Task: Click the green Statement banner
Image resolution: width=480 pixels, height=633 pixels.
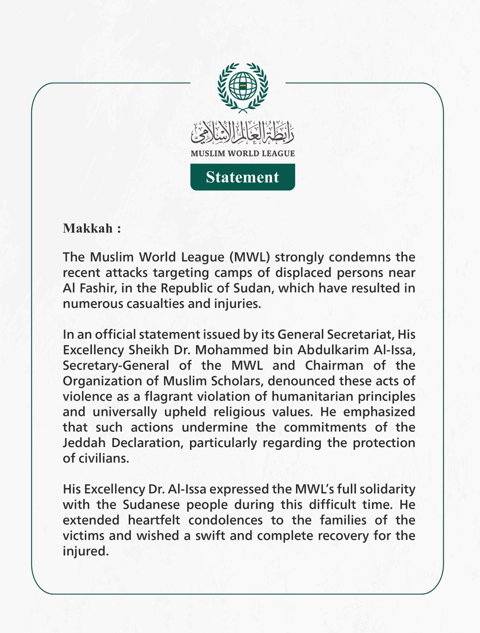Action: [242, 177]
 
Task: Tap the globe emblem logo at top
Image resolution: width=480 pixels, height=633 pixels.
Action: [242, 86]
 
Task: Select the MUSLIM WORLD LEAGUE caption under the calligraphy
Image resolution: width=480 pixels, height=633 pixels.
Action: [242, 154]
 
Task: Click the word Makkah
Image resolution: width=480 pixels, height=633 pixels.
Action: [88, 228]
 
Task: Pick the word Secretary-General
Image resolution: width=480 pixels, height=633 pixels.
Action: [116, 365]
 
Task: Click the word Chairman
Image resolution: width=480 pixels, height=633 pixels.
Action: [334, 365]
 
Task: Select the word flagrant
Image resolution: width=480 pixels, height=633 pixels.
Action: [168, 397]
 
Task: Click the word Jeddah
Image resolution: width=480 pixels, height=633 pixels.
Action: [84, 443]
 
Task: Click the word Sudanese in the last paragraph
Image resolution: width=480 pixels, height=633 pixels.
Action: [151, 505]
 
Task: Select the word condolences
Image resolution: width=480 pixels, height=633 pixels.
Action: [226, 520]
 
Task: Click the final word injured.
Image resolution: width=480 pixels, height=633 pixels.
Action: [85, 551]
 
